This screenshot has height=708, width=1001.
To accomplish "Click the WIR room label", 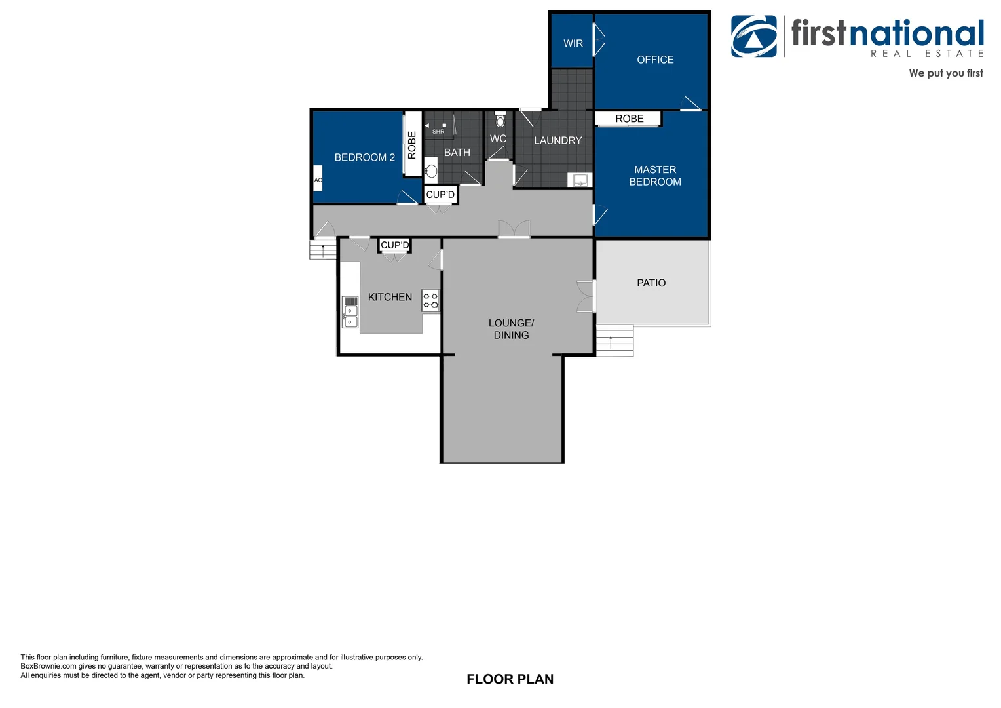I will (x=573, y=43).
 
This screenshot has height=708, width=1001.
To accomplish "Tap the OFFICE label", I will (x=654, y=60).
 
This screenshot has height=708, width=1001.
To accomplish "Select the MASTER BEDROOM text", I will (x=654, y=176).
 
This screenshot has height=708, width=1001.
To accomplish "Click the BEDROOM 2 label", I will (x=364, y=157).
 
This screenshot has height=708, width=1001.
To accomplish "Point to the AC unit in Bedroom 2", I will (x=318, y=180).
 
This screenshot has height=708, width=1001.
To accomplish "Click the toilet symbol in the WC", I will (x=500, y=121).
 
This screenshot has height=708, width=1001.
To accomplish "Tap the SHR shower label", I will (x=438, y=132).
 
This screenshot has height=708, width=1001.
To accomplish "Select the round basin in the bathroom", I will (x=431, y=172).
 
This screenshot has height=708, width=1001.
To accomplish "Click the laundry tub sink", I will (x=580, y=180).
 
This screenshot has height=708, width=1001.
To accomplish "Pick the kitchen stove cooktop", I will (x=430, y=300).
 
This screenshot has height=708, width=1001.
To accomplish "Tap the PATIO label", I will (x=651, y=283).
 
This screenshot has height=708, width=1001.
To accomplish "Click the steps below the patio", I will (x=614, y=341).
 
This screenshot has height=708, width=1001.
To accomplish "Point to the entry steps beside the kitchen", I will (x=323, y=250).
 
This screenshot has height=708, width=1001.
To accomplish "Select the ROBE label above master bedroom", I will (x=629, y=119).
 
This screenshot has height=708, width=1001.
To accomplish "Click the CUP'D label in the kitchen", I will (x=394, y=245).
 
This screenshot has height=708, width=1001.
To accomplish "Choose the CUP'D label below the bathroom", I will (x=440, y=195).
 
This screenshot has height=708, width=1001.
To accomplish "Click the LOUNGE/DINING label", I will (x=511, y=329).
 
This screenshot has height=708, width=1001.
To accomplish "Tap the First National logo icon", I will (x=754, y=37).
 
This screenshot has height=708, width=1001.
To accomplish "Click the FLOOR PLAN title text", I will (x=510, y=679).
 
